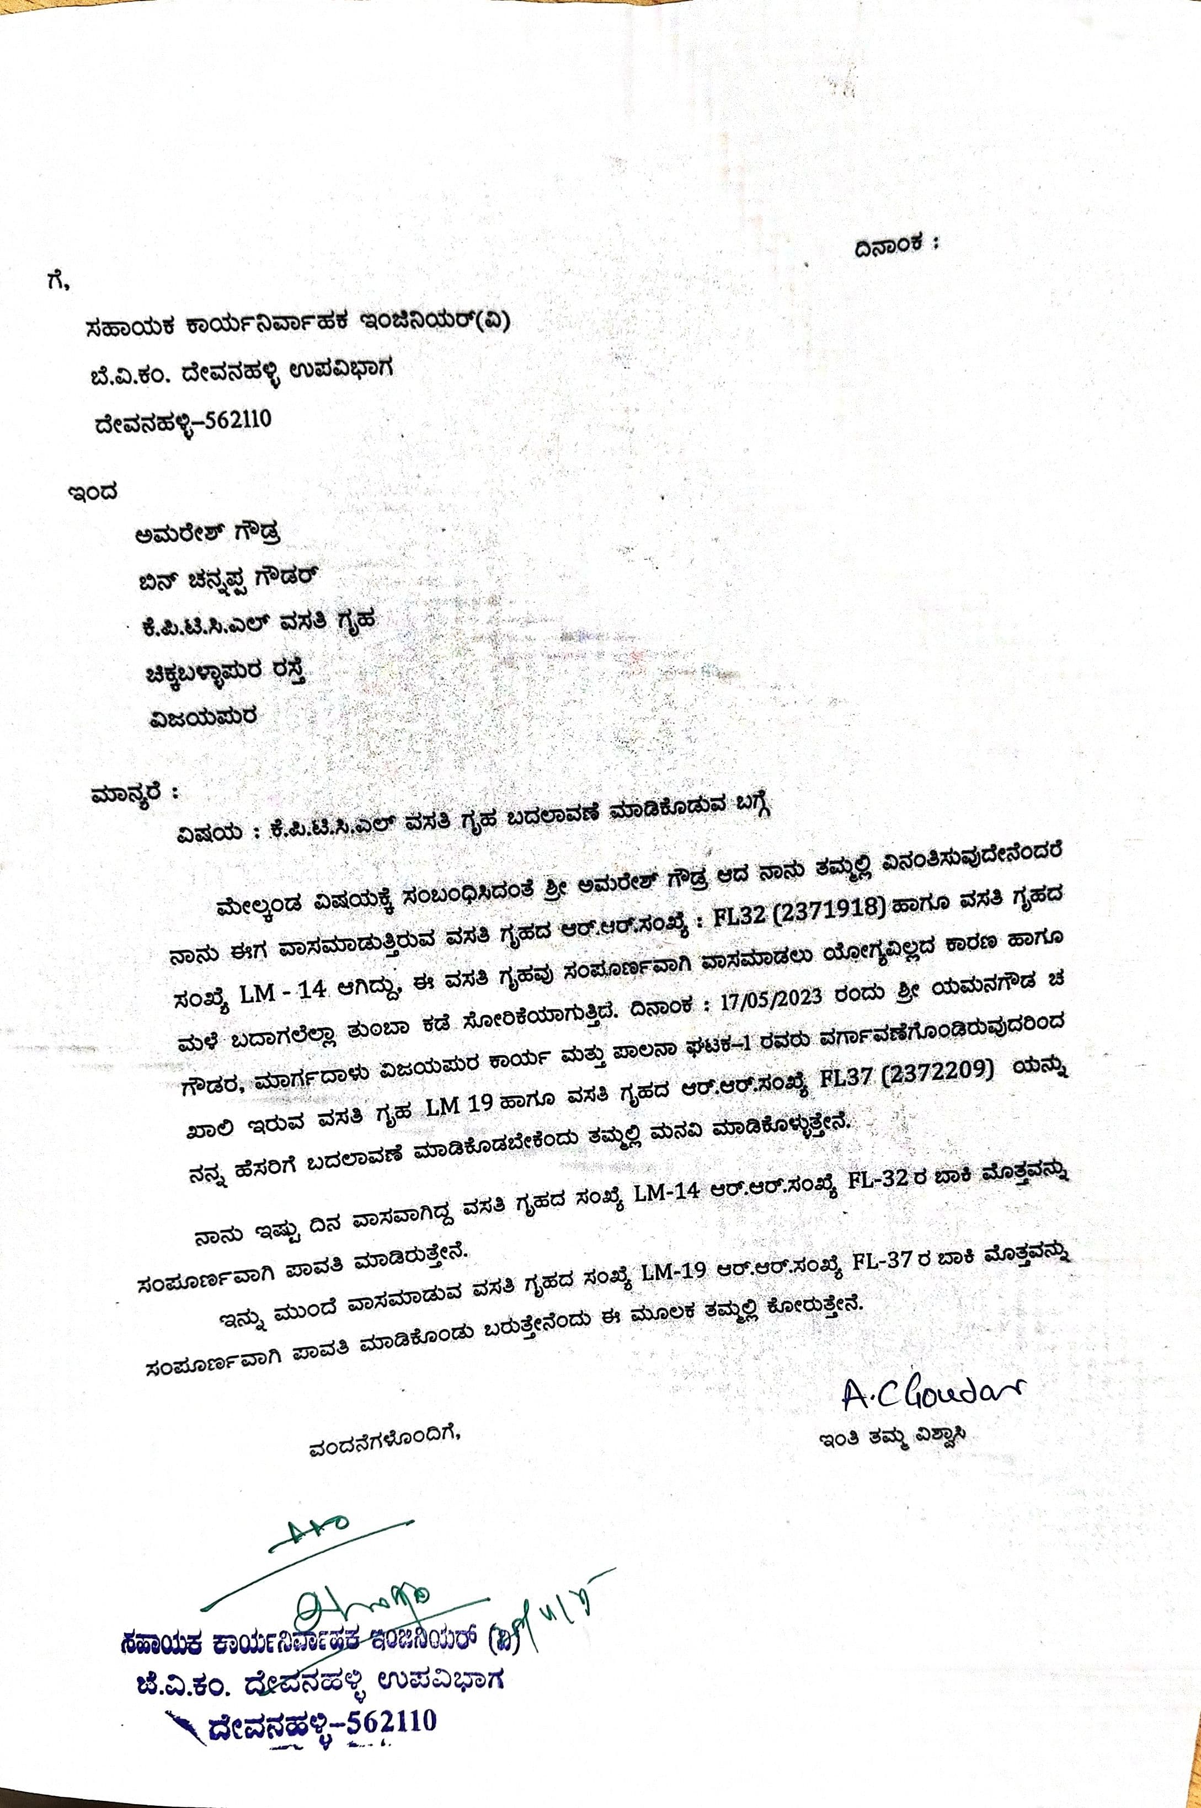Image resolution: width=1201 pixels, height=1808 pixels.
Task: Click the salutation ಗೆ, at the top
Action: pyautogui.click(x=57, y=282)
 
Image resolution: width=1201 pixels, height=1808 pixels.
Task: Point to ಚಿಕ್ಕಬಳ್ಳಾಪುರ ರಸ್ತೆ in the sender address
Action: pyautogui.click(x=227, y=672)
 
